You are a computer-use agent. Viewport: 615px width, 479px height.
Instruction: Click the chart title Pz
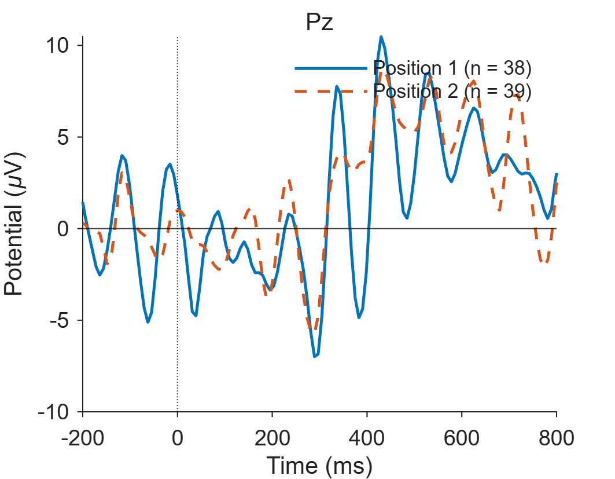tap(320, 23)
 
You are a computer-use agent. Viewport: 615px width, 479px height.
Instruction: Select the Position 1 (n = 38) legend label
tap(452, 68)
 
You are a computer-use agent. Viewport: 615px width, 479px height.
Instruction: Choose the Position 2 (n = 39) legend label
tap(452, 91)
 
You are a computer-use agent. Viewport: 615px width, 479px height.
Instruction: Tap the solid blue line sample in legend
tap(331, 68)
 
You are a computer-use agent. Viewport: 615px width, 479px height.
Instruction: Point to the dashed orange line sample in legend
tap(331, 92)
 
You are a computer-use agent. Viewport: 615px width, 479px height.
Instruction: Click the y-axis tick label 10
tap(57, 46)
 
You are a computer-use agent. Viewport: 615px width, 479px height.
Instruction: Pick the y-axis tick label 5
tap(63, 137)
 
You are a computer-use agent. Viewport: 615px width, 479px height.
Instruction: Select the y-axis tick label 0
tap(63, 229)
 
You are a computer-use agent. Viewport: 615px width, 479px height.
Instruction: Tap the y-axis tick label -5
tap(59, 320)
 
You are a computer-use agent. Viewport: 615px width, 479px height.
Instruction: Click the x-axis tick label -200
tap(83, 437)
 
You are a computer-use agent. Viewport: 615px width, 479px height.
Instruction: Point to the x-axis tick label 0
tap(178, 437)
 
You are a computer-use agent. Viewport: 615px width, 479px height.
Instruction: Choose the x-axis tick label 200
tap(272, 437)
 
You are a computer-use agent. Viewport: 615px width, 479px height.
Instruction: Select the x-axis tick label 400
tap(367, 437)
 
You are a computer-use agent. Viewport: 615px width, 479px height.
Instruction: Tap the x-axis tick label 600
tap(462, 437)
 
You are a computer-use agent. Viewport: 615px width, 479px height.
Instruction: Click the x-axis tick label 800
tap(557, 437)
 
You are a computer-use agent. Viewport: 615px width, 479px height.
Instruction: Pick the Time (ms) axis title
tap(320, 466)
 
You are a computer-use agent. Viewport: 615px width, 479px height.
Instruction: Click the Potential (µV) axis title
tap(14, 224)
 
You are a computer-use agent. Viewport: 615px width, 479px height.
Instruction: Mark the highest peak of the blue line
tap(381, 36)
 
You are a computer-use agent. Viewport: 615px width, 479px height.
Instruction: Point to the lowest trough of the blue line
tap(314, 357)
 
